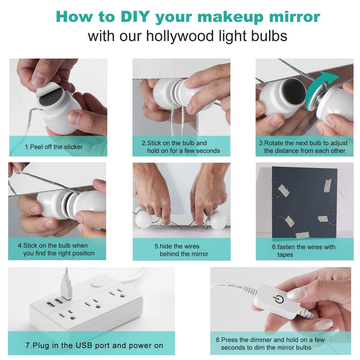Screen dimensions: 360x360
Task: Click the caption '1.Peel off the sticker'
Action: point(54,147)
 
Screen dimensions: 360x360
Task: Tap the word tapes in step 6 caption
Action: point(285,255)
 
